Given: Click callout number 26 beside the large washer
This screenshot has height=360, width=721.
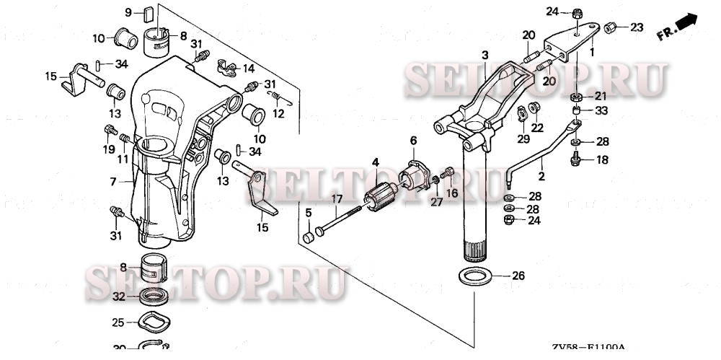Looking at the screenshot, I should (x=518, y=276).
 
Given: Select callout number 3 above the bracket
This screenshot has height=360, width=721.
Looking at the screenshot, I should (x=485, y=55).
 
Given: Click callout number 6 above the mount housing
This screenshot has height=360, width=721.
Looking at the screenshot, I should (x=414, y=140).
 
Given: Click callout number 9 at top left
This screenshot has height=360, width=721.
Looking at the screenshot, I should (x=128, y=12).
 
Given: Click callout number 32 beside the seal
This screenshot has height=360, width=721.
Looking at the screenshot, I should (x=119, y=296).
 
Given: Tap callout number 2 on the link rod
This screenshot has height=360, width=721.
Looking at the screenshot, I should (x=541, y=175).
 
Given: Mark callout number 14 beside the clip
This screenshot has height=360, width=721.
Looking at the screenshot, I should (x=249, y=69).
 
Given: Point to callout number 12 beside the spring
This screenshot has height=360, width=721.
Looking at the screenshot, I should (x=280, y=113).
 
